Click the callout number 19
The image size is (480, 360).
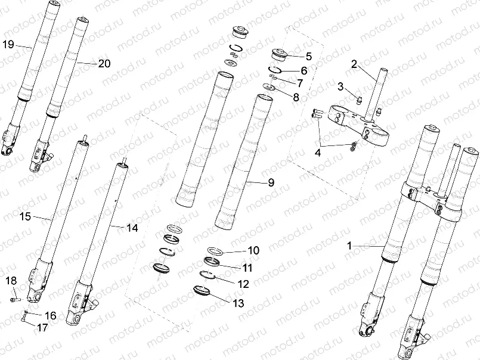point(8,45)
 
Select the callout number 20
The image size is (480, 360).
point(104,64)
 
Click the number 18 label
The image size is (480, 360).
point(11,281)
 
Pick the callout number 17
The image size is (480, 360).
point(42,327)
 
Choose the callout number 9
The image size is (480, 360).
point(271,183)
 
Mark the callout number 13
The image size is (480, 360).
point(238,303)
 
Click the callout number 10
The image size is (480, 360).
point(237,250)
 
